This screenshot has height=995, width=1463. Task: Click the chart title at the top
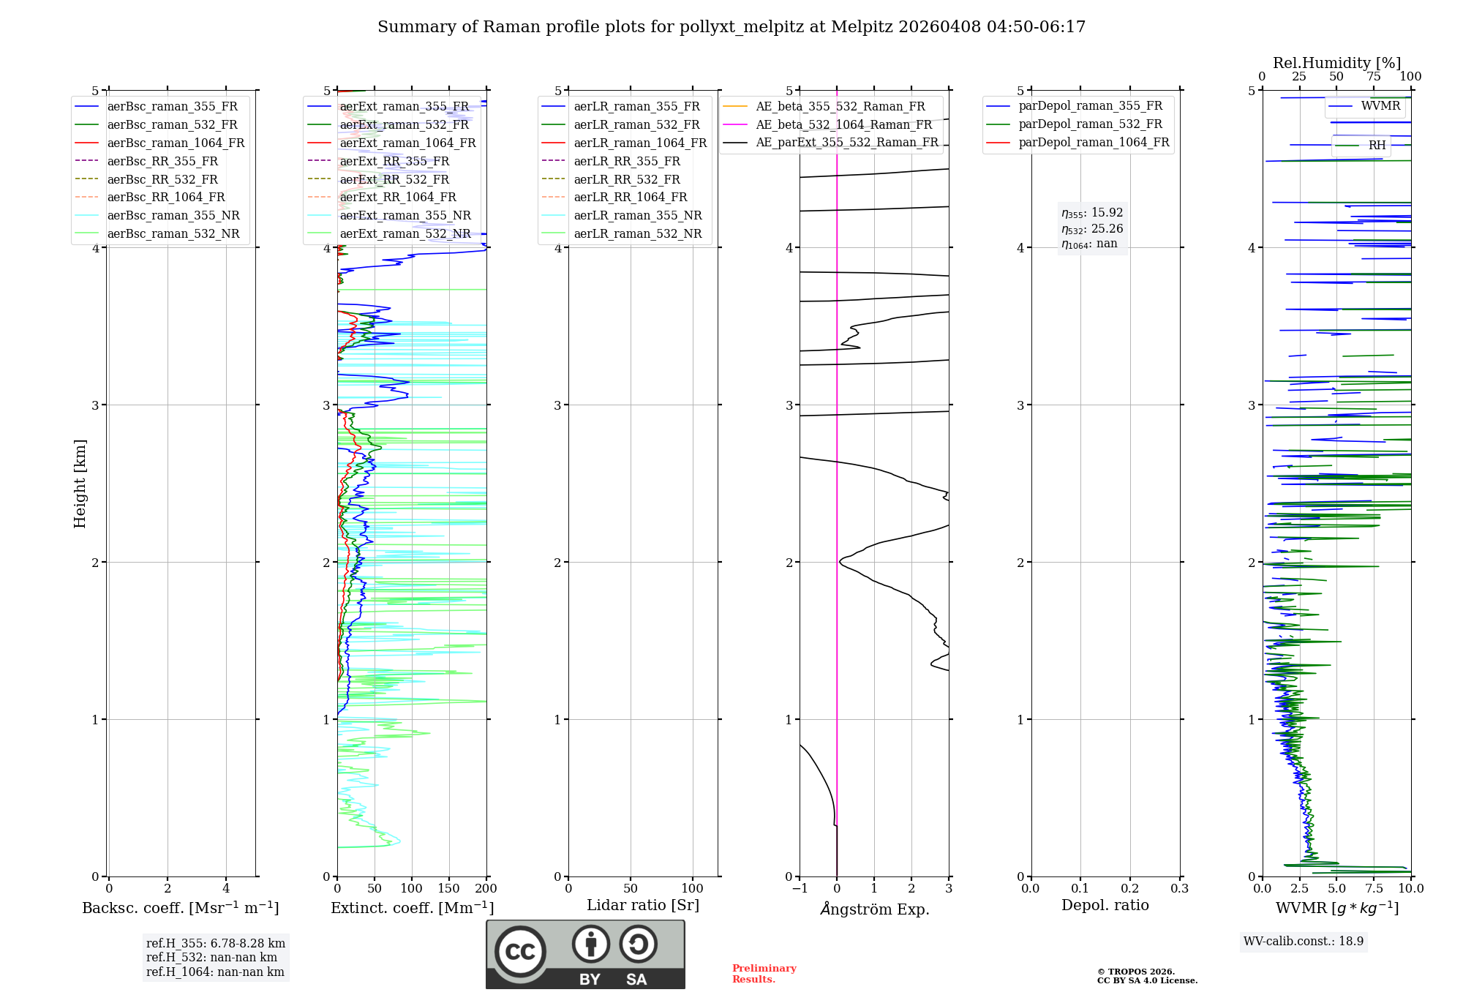(x=731, y=27)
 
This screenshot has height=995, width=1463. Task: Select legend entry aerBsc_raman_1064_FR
(x=176, y=143)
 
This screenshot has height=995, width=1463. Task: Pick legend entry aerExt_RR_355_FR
(x=394, y=161)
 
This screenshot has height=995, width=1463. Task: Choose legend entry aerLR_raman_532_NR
(x=637, y=233)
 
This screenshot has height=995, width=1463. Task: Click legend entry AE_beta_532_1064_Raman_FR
(x=843, y=124)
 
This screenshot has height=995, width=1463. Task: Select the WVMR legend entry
(x=1380, y=106)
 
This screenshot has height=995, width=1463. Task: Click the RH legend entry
(x=1377, y=146)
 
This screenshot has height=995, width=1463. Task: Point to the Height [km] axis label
(x=80, y=484)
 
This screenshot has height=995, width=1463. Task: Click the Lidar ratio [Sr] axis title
(x=643, y=905)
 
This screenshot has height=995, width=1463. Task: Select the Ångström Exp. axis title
(x=874, y=909)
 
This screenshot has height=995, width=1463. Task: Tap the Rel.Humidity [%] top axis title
(x=1336, y=63)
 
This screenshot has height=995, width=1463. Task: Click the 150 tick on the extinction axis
(x=448, y=889)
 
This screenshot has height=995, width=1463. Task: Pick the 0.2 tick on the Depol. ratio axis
(x=1130, y=889)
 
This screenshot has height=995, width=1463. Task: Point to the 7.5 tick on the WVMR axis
(x=1374, y=889)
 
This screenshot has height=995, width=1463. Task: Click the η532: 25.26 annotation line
(x=1092, y=229)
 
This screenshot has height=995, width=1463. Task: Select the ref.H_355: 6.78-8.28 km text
(x=215, y=943)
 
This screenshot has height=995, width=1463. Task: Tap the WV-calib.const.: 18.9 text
(x=1304, y=941)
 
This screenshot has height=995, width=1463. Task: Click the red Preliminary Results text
(x=764, y=973)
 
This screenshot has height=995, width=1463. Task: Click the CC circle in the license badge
(x=520, y=952)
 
